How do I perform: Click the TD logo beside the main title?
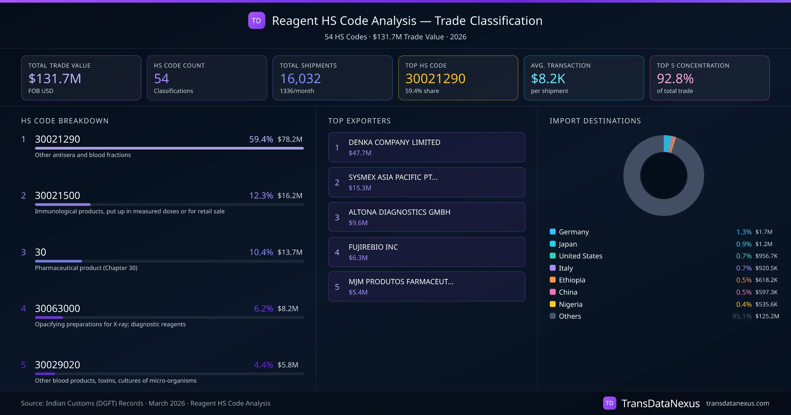click(x=256, y=20)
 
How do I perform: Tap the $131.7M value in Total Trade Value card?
click(x=55, y=79)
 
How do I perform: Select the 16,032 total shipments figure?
click(x=300, y=79)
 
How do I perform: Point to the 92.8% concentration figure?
click(x=675, y=79)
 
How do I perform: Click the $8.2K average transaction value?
click(x=548, y=79)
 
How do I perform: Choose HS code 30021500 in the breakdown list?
click(x=57, y=196)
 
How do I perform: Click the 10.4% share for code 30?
click(x=261, y=252)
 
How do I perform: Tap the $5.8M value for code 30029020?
click(x=288, y=365)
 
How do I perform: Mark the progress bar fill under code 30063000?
click(x=49, y=318)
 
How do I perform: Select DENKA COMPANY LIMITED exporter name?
click(x=394, y=142)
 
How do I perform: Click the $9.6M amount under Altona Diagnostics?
click(x=358, y=223)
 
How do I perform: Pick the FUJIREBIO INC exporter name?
click(x=373, y=247)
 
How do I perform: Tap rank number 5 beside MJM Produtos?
click(x=337, y=287)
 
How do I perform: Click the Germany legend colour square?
click(x=553, y=232)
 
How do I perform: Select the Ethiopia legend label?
click(x=572, y=280)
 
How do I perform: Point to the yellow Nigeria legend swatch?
click(x=553, y=304)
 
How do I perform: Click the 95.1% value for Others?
click(x=742, y=317)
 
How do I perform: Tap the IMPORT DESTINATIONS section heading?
click(x=595, y=121)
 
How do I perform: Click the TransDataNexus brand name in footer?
click(x=660, y=403)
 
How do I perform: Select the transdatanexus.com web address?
click(x=737, y=403)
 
